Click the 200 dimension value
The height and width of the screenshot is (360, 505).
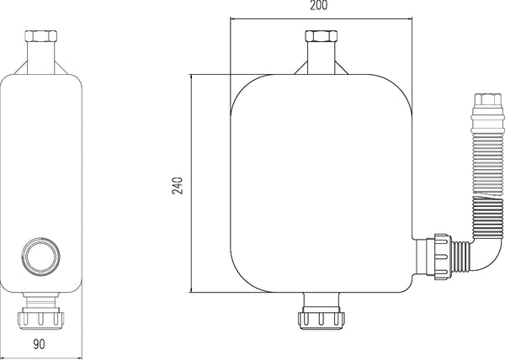tap(319, 5)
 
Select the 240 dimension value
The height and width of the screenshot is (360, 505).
tap(178, 184)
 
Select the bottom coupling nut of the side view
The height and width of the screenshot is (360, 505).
tap(42, 319)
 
